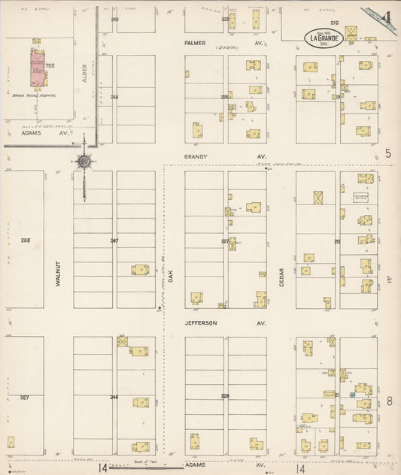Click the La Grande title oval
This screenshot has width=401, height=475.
tap(325, 37)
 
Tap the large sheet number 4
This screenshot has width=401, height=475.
tap(386, 17)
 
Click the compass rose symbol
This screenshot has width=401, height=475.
tap(84, 160)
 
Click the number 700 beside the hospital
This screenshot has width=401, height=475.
tap(50, 66)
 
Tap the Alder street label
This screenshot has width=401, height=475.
tap(85, 73)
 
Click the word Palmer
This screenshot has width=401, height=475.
tap(196, 43)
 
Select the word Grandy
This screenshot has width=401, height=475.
tap(196, 156)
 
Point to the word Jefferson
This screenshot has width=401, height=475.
tap(201, 322)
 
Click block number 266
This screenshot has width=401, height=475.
tap(26, 241)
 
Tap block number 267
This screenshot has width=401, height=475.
tap(24, 396)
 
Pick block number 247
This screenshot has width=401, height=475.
tap(114, 241)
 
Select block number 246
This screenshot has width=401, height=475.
tap(114, 396)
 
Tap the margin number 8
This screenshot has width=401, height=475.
tap(388, 401)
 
